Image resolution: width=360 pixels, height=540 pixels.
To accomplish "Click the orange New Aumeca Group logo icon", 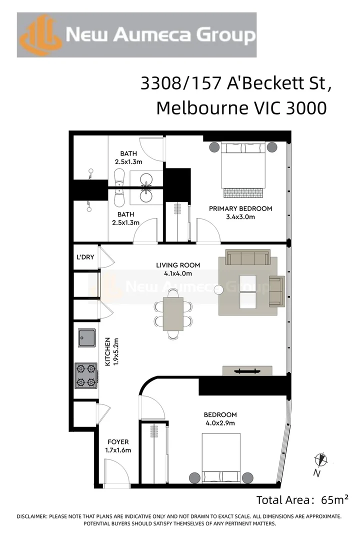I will click(41, 35).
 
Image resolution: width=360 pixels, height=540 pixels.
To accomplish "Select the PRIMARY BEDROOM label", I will click(240, 208).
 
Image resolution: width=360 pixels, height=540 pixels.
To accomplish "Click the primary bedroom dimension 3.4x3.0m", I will click(240, 217).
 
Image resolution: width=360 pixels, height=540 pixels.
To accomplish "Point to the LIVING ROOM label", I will click(178, 265).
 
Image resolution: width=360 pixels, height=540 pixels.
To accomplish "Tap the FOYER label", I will click(118, 442).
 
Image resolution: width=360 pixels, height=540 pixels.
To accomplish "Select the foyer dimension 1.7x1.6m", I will click(118, 450).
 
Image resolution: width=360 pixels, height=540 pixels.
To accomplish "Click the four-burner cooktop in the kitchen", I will click(86, 375).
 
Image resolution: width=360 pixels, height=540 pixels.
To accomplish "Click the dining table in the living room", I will click(173, 313).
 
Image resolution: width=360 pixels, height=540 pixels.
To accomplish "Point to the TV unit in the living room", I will click(247, 370).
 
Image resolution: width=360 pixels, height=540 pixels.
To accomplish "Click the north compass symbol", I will click(320, 459).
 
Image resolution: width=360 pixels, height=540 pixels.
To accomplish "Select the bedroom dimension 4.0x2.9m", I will click(219, 423).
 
